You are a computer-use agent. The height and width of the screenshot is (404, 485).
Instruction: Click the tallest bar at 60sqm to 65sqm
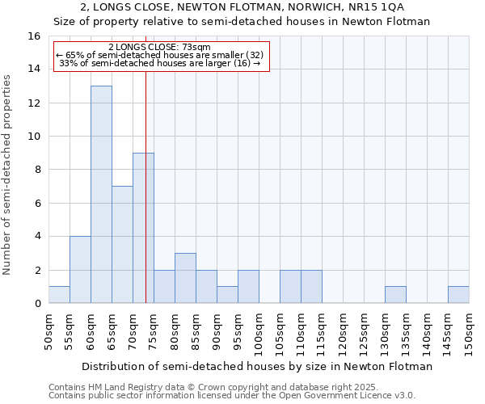pos(101,195)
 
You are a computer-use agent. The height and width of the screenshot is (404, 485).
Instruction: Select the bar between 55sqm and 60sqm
pos(80,270)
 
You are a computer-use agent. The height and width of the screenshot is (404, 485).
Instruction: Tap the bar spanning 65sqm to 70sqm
pos(122,245)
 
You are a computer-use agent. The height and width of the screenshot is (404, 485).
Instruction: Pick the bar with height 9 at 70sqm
pos(143,228)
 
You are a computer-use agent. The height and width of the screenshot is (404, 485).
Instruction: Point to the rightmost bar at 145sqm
pos(458,295)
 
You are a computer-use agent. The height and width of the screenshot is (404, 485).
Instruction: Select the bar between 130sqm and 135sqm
pos(395,295)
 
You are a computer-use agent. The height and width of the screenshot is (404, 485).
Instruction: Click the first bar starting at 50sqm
pos(59,295)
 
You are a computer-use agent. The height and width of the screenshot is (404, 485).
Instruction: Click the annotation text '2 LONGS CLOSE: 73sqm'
pos(159,48)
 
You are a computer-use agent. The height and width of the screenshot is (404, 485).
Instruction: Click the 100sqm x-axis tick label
pos(259,331)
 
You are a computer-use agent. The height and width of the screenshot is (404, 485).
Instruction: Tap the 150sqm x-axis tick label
pos(470,331)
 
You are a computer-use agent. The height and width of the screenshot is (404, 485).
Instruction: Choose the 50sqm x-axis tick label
pos(49,331)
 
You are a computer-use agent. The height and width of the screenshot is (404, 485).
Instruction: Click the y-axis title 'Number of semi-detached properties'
pos(8,175)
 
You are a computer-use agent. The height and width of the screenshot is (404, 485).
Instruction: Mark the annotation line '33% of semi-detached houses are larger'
pos(160,63)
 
